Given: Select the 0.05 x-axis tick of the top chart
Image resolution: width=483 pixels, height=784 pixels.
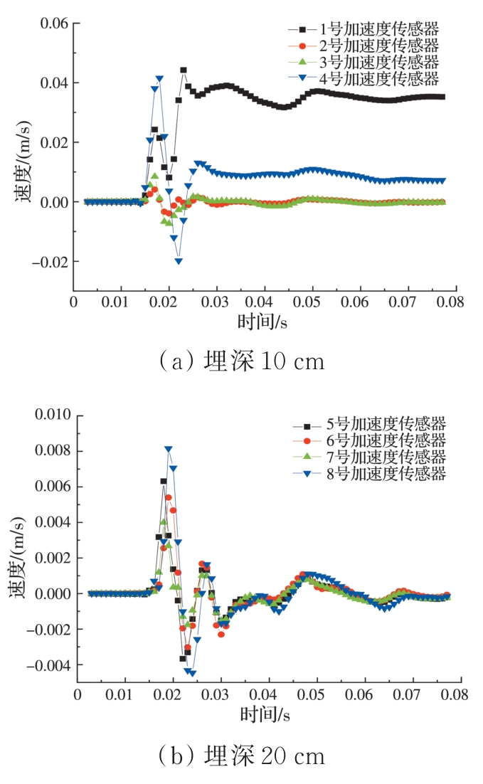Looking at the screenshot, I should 312,301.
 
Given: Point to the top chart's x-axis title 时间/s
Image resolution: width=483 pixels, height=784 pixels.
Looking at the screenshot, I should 263,321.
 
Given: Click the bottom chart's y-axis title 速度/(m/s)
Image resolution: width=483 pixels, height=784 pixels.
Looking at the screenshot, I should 21,549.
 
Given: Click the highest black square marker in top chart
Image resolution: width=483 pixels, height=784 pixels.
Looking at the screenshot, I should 184,70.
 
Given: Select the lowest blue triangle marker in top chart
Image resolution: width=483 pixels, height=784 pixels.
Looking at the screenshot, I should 179,262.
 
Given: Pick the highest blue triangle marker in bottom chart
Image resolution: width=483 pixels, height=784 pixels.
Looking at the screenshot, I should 169,450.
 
